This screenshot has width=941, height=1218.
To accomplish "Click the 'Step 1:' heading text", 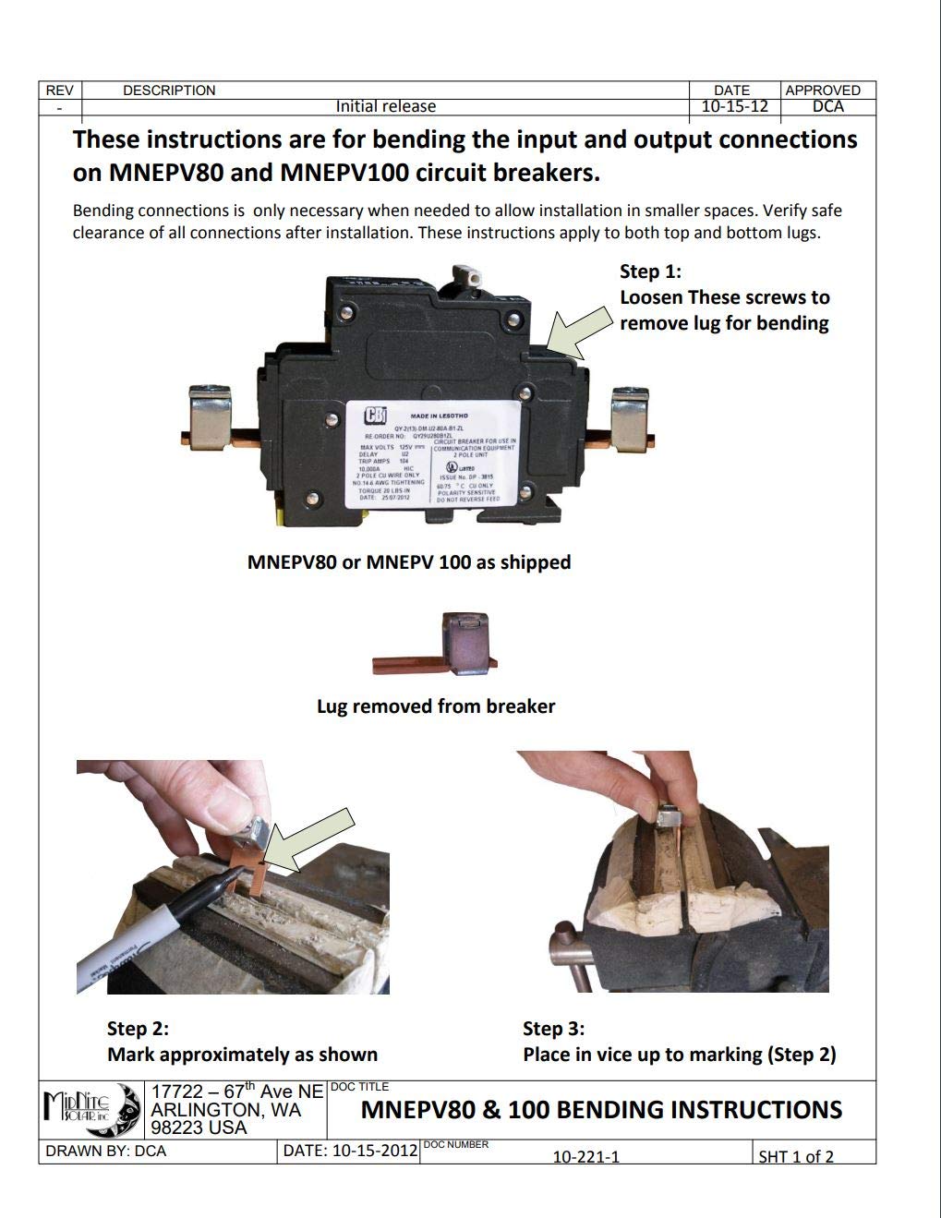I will pos(650,271).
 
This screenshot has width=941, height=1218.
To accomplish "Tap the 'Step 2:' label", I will pos(138,1029).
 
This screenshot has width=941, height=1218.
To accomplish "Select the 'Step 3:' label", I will pos(553,1029).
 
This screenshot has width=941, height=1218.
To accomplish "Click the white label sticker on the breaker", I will pos(431,453).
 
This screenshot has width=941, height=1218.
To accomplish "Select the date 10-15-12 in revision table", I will pos(734,106).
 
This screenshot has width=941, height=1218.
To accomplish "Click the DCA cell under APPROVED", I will pos(827,106).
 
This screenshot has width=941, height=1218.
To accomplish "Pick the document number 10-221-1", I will pos(585,1156).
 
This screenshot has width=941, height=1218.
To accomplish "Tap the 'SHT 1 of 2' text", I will pos(795,1156).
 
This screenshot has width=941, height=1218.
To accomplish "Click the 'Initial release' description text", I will pos(385,106).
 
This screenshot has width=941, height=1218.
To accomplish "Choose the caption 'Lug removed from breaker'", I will pos(436,706).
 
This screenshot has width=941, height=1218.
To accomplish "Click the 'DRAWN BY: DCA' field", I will pos(105,1152).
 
